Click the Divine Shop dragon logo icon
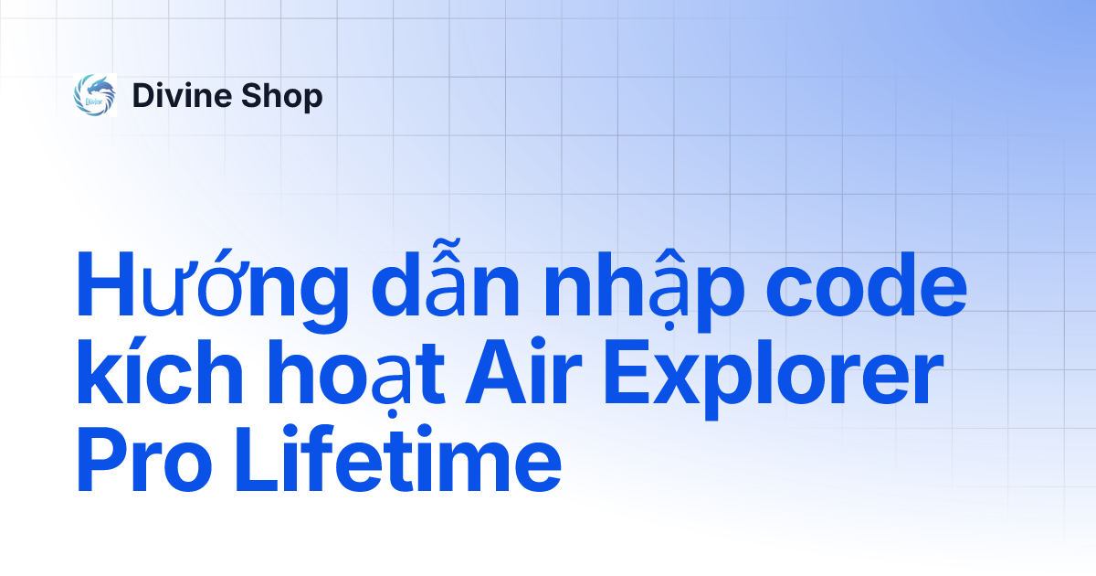tap(95, 95)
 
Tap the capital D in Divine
tap(142, 95)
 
